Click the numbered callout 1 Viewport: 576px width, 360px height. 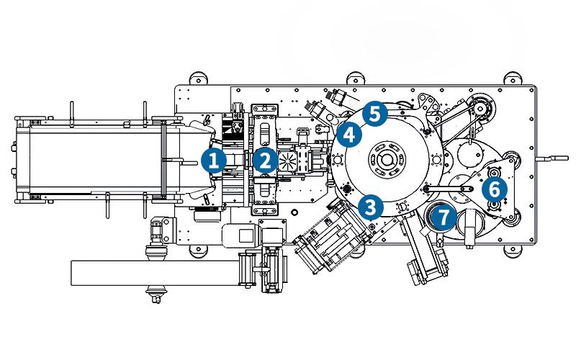(x=214, y=160)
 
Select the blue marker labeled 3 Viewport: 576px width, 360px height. (x=370, y=207)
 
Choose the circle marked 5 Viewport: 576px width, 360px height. (x=374, y=112)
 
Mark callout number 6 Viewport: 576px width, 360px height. (x=493, y=189)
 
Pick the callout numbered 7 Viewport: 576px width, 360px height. (x=444, y=215)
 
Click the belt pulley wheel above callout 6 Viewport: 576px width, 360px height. (x=479, y=108)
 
